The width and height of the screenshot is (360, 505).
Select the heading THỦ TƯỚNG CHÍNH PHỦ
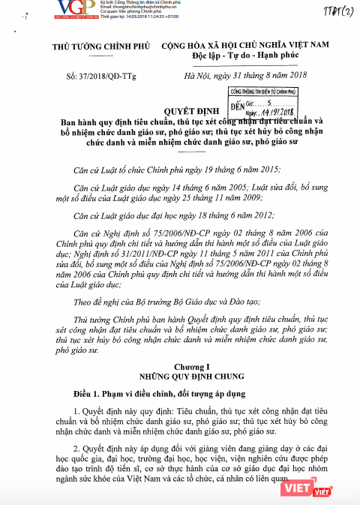pyautogui.click(x=97, y=49)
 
